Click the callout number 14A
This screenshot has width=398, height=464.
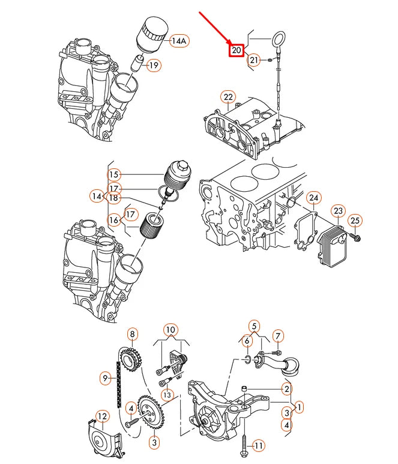coord(179,41)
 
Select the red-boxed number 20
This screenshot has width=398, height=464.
coord(236,50)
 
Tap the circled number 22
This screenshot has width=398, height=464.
coord(228,97)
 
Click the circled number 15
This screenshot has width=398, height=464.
coord(115,174)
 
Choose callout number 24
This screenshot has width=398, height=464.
coord(314,198)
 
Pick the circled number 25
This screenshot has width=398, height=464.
coord(355,221)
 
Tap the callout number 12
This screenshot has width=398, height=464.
coord(103,415)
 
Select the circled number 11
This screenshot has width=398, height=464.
coord(258,445)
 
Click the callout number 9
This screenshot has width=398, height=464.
coord(106,377)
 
